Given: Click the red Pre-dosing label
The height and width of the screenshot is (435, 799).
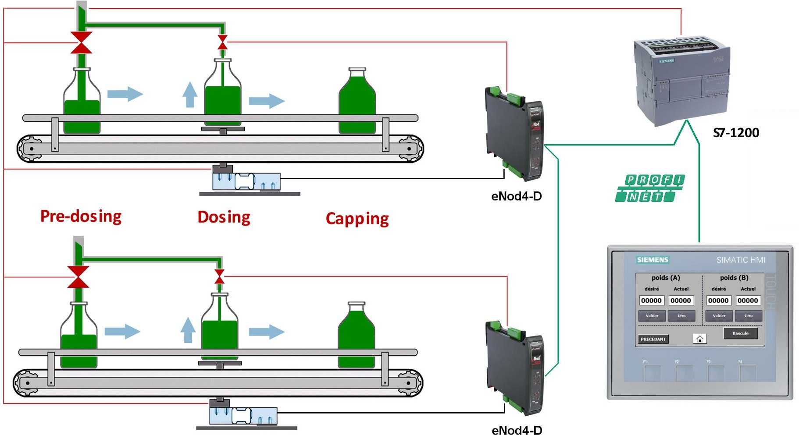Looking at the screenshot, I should coord(81,216).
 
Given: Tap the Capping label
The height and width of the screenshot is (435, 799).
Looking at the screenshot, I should coord(357,219).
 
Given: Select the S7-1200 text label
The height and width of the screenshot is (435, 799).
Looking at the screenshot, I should coord(736,133).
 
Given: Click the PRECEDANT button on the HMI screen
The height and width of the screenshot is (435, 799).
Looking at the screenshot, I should coord(653,339).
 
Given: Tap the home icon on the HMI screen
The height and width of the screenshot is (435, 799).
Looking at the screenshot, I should coord(700,339).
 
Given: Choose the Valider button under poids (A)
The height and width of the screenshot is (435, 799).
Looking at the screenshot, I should coord(652,316).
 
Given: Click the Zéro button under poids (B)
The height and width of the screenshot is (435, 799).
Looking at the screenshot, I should coord(748,316).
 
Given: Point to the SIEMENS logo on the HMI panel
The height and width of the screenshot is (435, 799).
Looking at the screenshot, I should coord(653,260).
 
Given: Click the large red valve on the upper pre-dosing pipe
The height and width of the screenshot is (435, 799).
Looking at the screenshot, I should coord(81,42).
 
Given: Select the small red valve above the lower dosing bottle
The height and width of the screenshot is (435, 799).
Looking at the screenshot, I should coord(219,277).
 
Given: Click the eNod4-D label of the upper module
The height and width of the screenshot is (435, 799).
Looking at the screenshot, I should coord(516,196).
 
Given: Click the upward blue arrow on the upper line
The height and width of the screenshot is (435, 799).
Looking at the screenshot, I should coord(189,95).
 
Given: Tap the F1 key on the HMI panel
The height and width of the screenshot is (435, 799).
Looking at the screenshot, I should coord(652,373).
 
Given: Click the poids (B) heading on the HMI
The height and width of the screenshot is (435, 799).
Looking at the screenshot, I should coord(734,278).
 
